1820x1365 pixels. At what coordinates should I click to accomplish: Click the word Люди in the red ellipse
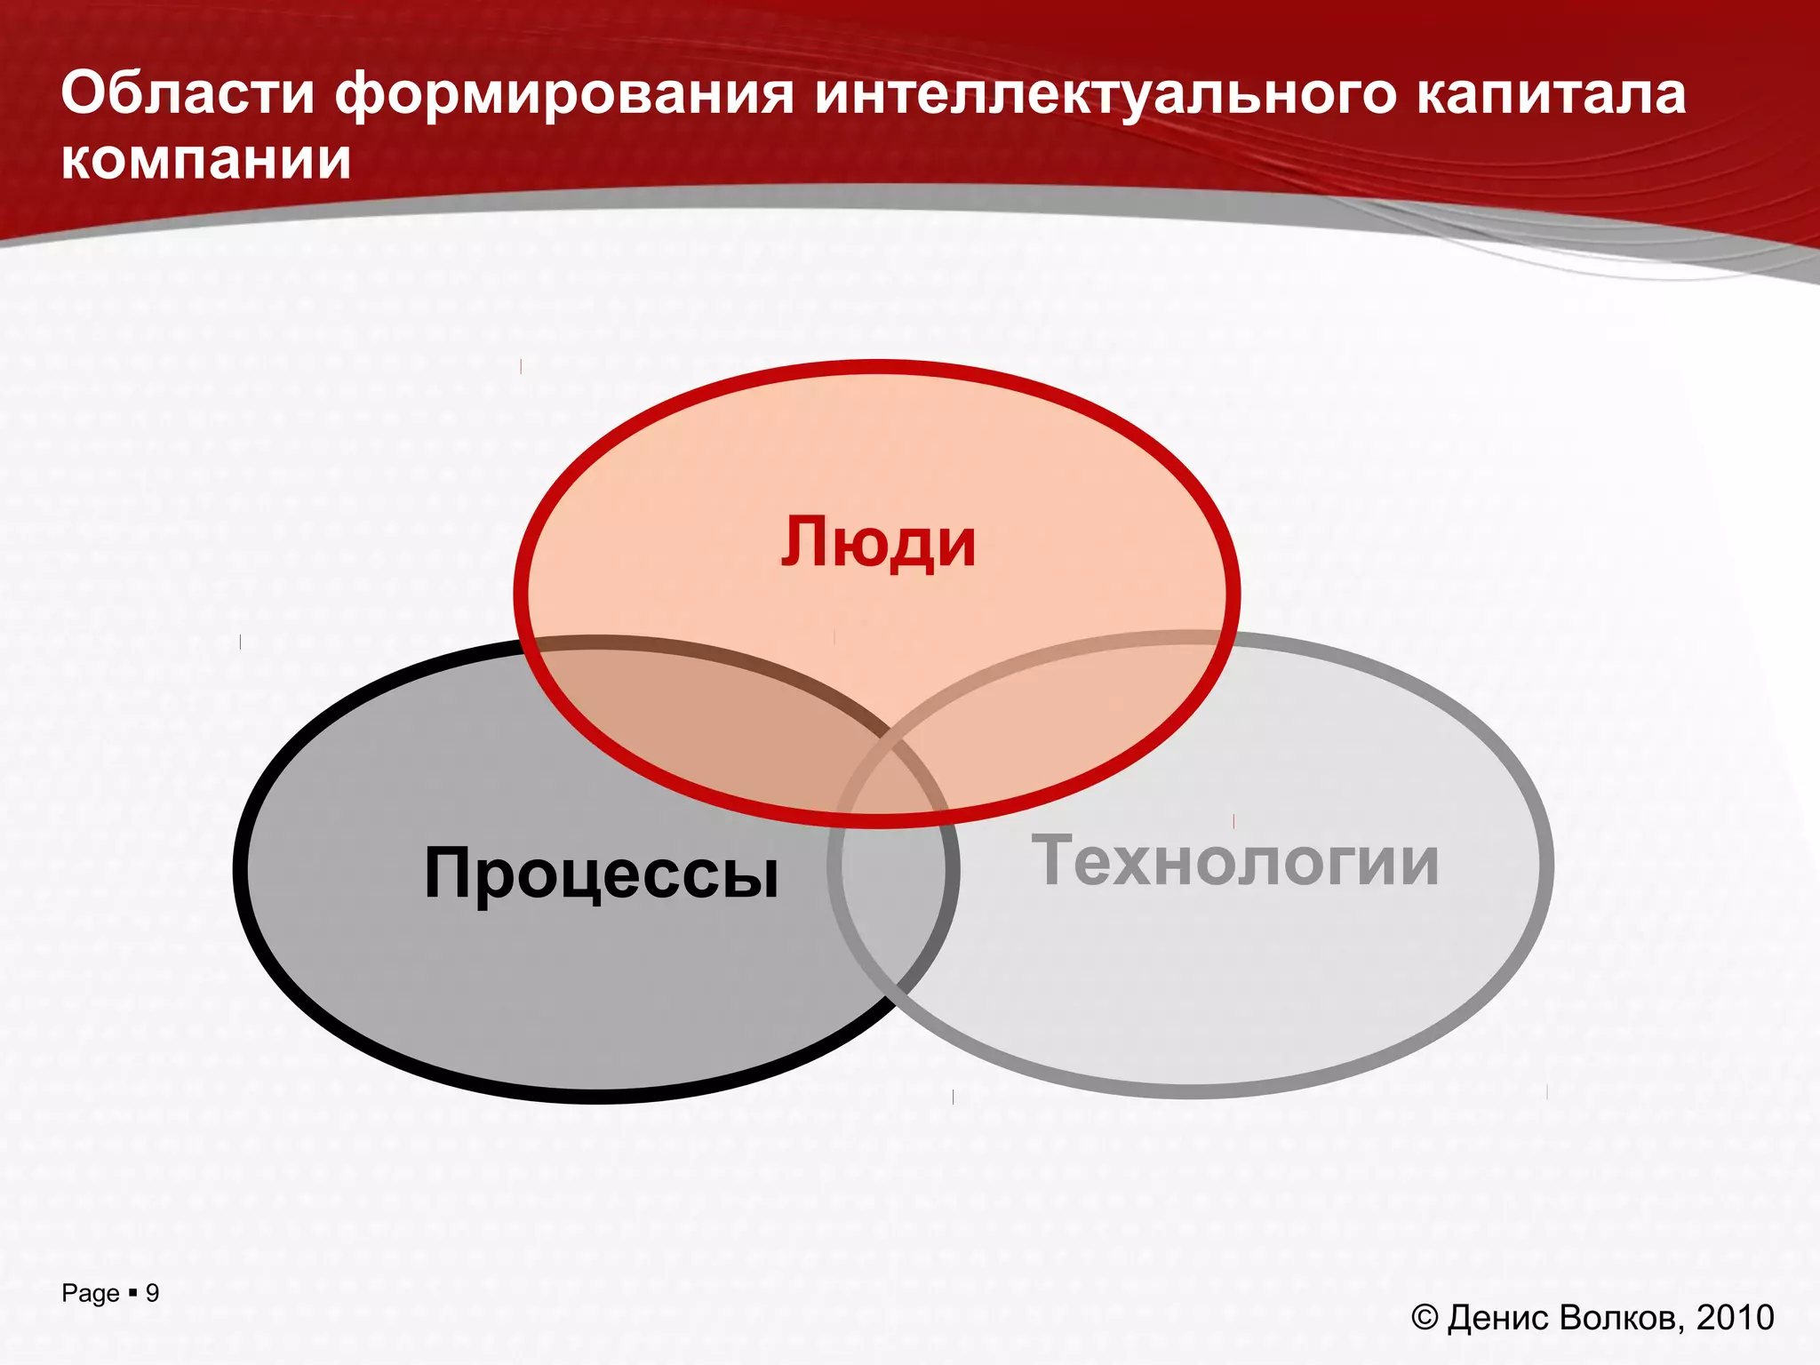(878, 543)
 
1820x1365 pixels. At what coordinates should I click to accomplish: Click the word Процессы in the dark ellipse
(602, 874)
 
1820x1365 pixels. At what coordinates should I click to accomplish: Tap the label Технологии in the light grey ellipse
(1235, 860)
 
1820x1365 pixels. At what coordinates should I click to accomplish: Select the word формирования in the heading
(563, 94)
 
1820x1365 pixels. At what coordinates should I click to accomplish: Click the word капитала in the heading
(1550, 94)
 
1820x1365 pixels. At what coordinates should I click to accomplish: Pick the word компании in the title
(206, 160)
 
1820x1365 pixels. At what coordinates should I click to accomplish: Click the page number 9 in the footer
(152, 1293)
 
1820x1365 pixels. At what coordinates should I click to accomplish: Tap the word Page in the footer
(90, 1294)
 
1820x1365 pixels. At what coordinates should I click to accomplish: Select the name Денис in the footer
(1500, 1318)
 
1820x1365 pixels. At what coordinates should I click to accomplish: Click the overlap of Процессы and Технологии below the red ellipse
(893, 898)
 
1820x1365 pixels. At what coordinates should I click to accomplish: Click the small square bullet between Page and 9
(132, 1292)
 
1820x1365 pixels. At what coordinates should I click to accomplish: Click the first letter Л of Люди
(803, 542)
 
